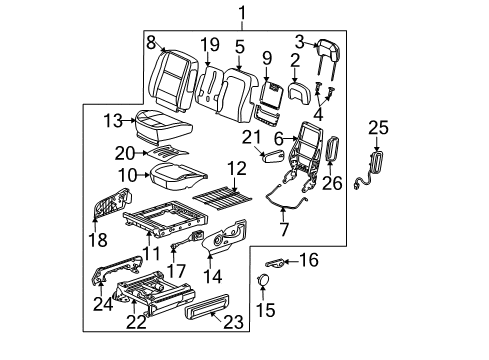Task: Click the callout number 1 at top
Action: coord(239,12)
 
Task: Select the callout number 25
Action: coord(375,127)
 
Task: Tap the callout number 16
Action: coord(308,260)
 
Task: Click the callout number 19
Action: coord(208,45)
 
